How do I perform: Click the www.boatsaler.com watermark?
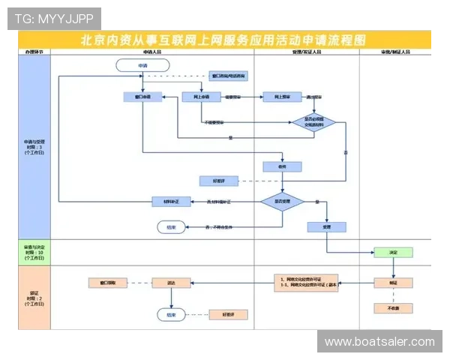tap(379, 342)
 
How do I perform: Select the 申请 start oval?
tap(142, 66)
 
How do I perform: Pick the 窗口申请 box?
tap(142, 97)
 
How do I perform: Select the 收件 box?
tap(282, 166)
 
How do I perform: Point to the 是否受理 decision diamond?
tap(282, 202)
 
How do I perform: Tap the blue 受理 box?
tap(326, 226)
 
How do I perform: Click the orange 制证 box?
tap(393, 283)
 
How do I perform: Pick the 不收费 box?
tap(393, 308)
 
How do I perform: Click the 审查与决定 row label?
tap(34, 251)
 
